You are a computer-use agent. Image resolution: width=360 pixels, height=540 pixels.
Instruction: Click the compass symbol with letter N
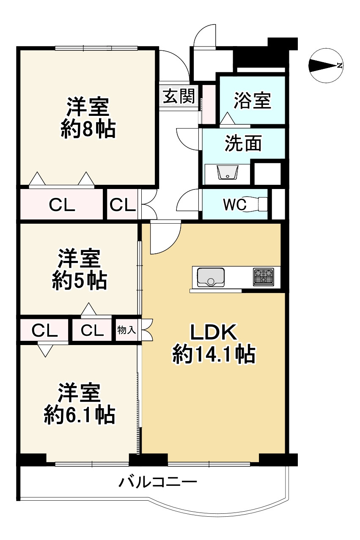pyautogui.click(x=326, y=66)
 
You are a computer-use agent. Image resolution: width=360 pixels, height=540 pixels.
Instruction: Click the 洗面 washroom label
pyautogui.click(x=243, y=144)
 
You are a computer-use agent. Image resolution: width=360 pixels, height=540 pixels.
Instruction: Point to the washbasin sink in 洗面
pyautogui.click(x=228, y=173)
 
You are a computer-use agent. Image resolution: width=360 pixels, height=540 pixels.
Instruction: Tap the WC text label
pyautogui.click(x=234, y=205)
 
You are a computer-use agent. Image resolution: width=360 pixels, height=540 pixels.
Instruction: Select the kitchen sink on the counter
pyautogui.click(x=210, y=277)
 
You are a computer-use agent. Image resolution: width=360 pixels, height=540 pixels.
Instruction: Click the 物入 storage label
pyautogui.click(x=126, y=330)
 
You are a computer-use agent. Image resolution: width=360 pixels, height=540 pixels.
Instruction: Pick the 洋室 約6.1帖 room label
pyautogui.click(x=79, y=404)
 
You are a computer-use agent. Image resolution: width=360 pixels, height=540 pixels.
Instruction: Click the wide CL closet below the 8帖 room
pyautogui.click(x=62, y=205)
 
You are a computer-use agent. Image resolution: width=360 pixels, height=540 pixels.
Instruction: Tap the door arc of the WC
pyautogui.click(x=188, y=199)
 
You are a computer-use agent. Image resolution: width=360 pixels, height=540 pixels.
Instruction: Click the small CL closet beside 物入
pyautogui.click(x=92, y=330)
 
